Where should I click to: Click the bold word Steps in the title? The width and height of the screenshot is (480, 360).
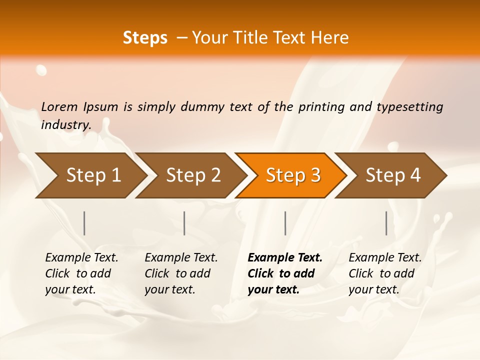pos(145,38)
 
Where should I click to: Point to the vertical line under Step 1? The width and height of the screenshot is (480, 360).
pos(84,223)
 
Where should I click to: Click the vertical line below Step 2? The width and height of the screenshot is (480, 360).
pos(184,223)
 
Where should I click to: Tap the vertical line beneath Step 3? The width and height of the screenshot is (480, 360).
pos(285,223)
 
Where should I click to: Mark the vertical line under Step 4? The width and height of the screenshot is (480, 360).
pos(386,223)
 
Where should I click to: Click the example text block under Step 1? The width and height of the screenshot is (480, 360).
pos(81,273)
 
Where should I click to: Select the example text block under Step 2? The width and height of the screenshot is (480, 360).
pos(181,273)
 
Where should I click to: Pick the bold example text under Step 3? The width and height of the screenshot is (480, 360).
pos(285,273)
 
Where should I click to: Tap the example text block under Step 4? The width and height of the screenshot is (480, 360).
pos(385,273)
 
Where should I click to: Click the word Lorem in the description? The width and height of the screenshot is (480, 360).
pos(59,106)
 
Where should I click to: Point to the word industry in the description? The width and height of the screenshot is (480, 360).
pos(65,124)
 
